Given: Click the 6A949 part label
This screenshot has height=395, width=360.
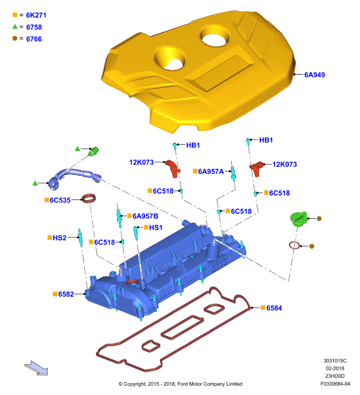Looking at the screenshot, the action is click(315, 75).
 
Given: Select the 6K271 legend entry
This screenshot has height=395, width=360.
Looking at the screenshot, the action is click(36, 15).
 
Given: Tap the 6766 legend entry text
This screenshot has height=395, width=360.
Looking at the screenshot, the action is click(34, 39).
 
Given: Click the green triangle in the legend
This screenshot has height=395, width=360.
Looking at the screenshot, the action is click(15, 27).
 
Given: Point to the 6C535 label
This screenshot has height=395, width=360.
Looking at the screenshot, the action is click(60, 200).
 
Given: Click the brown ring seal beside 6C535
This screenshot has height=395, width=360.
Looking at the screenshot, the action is click(89, 198).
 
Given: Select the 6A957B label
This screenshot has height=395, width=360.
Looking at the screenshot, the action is click(145, 216).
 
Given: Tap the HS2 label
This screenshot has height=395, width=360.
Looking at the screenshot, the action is click(59, 238).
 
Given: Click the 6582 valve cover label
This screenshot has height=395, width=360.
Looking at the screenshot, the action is click(66, 294).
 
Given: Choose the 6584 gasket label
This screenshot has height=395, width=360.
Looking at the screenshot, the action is click(274, 308).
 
